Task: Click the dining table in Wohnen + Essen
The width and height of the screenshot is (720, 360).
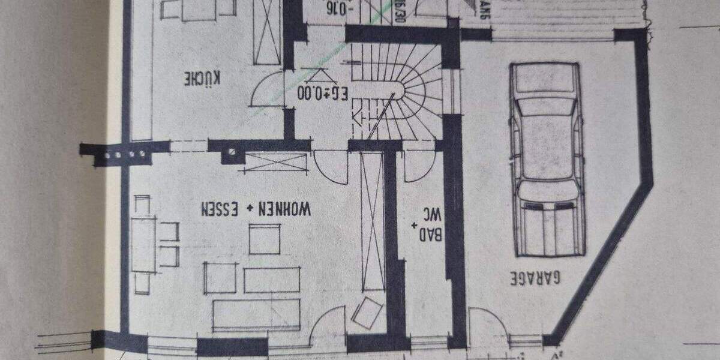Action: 143,245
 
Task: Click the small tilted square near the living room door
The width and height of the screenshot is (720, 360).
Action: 367,314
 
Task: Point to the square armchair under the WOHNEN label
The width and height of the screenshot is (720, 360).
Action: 265,239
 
